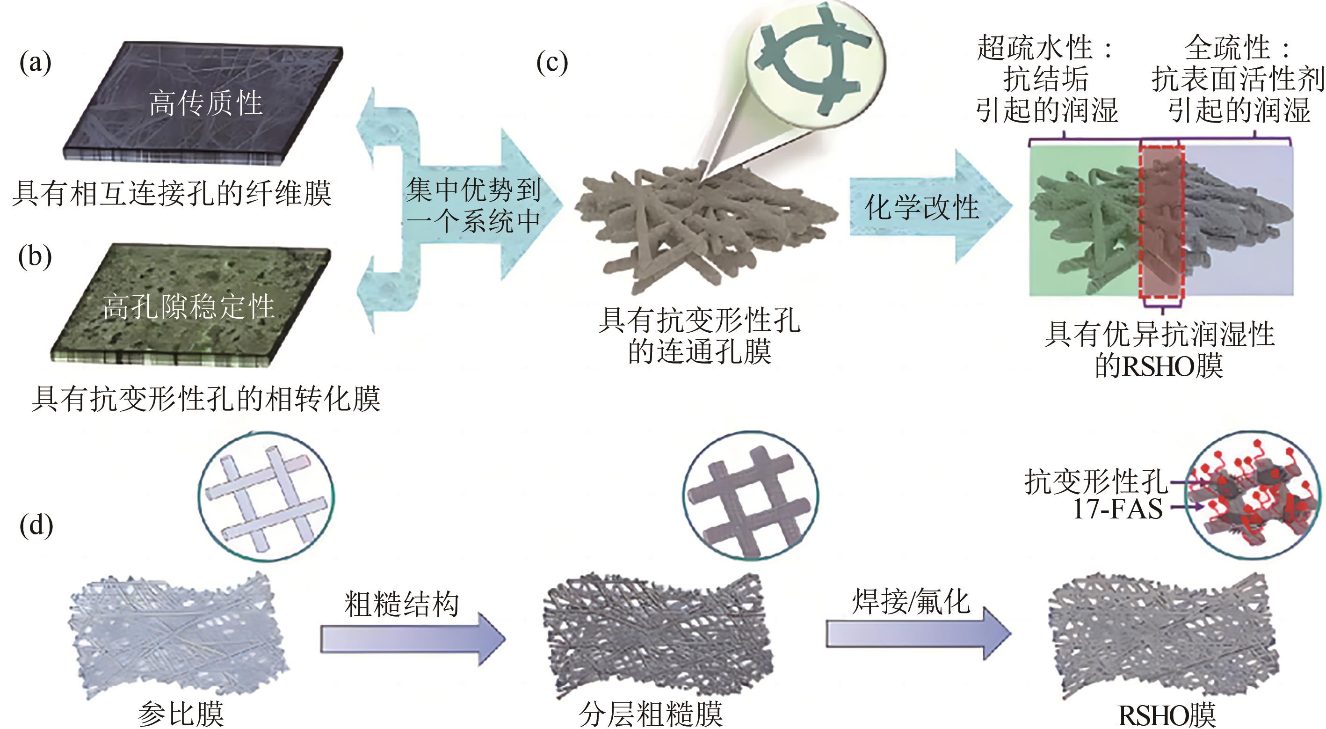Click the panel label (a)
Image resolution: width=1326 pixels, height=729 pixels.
pos(35,63)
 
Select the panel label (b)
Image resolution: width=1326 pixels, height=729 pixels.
pos(35,256)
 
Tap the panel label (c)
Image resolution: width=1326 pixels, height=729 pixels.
pos(552,63)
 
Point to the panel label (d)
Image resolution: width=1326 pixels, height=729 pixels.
pos(36,525)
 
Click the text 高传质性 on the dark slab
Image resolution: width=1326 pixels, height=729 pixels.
pos(206,103)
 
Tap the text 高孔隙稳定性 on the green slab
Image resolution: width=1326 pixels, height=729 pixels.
pos(188,306)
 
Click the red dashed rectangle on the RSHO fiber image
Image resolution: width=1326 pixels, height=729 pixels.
pos(1162,221)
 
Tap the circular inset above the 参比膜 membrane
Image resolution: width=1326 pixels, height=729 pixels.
pos(266,497)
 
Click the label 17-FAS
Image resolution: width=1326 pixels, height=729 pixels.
pos(1117,509)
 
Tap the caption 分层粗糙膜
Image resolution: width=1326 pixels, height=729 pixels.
pos(651,714)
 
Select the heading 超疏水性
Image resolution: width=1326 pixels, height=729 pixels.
pos(1035,48)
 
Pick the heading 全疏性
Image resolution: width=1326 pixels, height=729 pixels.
pos(1228,48)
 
